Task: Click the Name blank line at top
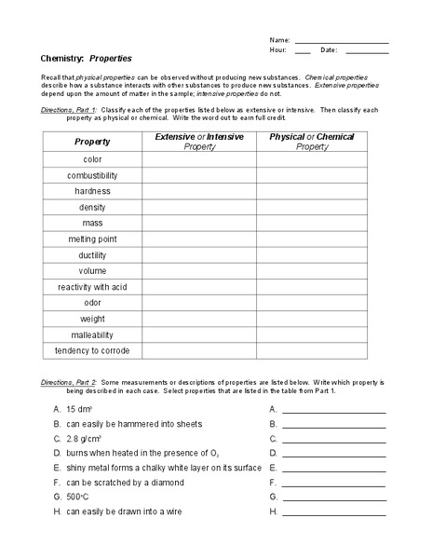(341, 42)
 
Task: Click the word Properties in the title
(110, 57)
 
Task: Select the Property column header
(92, 142)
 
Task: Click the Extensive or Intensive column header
(199, 142)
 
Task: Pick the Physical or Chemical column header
(312, 142)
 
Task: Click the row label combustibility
(92, 175)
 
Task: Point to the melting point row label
(92, 239)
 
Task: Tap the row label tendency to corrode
(92, 350)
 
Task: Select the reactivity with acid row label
(92, 287)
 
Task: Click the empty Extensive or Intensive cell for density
(199, 207)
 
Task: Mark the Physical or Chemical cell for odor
(312, 303)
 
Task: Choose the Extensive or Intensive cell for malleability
(199, 334)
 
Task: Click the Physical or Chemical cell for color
(312, 159)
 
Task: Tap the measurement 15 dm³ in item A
(79, 409)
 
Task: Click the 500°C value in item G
(78, 498)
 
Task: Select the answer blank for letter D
(333, 454)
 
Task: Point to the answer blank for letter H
(333, 512)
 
